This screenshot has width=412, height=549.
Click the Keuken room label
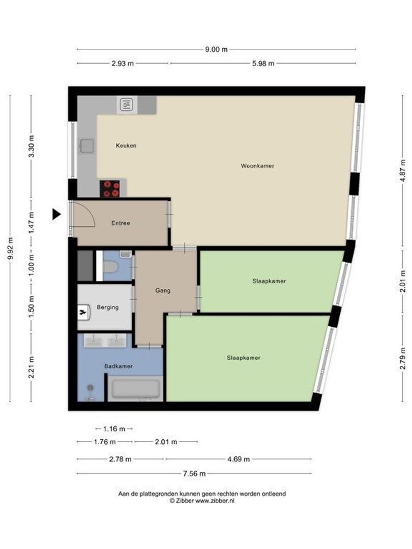(126, 145)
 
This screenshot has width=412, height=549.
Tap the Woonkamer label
(257, 165)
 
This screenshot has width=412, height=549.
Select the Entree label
(121, 223)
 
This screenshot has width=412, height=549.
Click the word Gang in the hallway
(163, 291)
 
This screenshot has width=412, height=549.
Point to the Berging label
(107, 307)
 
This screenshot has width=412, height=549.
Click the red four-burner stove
(110, 189)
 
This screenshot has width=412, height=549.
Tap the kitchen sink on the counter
(85, 146)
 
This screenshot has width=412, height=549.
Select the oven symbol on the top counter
(126, 105)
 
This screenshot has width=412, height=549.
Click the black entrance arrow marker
(56, 215)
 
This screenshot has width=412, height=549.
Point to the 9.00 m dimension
(217, 49)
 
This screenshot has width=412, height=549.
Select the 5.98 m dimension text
(263, 64)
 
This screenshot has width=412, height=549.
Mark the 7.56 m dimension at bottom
(195, 474)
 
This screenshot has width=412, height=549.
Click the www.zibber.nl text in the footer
(215, 501)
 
